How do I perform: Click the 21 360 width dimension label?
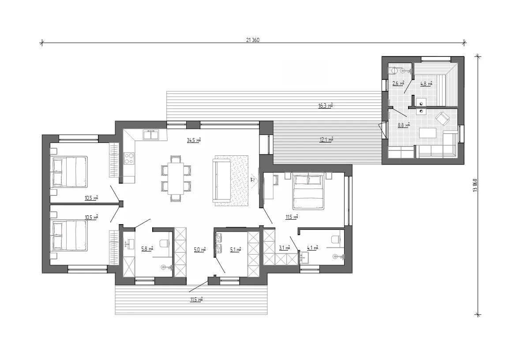tap(252, 40)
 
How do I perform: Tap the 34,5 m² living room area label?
tap(194, 140)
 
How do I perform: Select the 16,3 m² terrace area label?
tap(326, 106)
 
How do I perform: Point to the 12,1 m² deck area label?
tap(326, 139)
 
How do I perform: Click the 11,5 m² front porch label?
tap(196, 300)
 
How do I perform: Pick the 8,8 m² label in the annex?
tap(404, 125)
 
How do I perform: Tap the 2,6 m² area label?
tap(398, 83)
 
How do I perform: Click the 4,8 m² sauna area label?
tap(426, 84)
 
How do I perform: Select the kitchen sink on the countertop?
tap(151, 135)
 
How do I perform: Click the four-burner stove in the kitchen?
tap(129, 158)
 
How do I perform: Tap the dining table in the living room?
tap(176, 178)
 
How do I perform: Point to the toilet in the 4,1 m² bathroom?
tap(336, 239)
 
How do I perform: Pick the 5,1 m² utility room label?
tap(236, 249)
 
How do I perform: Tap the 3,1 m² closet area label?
tap(284, 247)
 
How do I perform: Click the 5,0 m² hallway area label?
tap(200, 249)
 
